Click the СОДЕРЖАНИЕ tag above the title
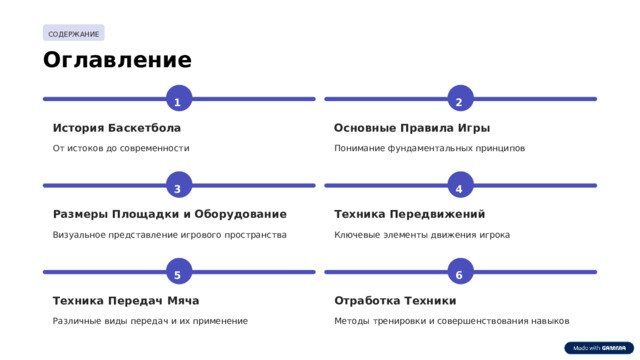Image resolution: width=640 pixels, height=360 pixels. pyautogui.click(x=74, y=34)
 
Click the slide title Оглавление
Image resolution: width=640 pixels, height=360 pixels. pyautogui.click(x=117, y=61)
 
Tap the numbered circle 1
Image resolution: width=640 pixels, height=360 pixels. pyautogui.click(x=178, y=100)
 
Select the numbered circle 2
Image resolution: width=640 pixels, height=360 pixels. pyautogui.click(x=459, y=100)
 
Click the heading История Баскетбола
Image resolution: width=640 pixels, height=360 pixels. pyautogui.click(x=117, y=128)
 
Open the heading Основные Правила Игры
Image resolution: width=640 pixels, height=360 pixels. pyautogui.click(x=412, y=128)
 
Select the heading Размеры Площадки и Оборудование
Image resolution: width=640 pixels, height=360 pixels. pyautogui.click(x=169, y=214)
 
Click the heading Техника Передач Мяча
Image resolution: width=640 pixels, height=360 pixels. pyautogui.click(x=126, y=300)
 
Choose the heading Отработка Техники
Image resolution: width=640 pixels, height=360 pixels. pyautogui.click(x=395, y=300)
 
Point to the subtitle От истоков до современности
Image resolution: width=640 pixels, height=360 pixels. pyautogui.click(x=121, y=148)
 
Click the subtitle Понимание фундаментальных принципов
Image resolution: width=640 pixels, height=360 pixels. pyautogui.click(x=429, y=148)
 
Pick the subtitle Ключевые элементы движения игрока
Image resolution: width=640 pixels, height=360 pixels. pyautogui.click(x=422, y=235)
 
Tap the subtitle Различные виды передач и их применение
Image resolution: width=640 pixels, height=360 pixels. pyautogui.click(x=150, y=321)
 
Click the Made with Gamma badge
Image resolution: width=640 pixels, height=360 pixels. pyautogui.click(x=599, y=348)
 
